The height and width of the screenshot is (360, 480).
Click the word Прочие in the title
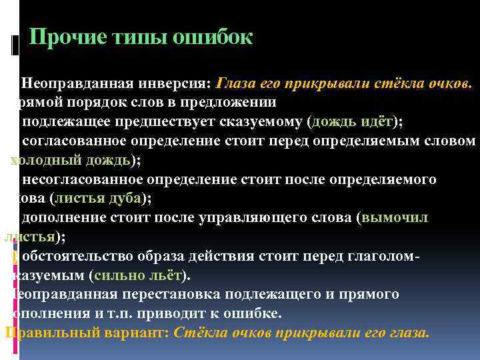pos(67,37)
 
